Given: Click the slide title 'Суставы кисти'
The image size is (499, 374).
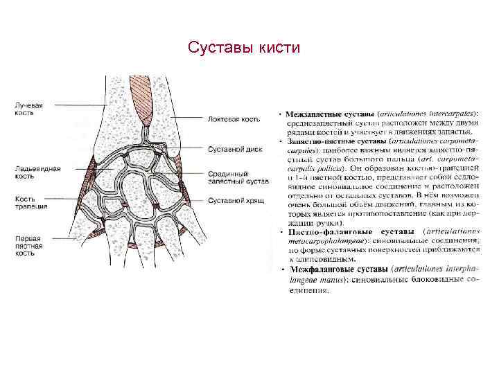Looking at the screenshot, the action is point(244,48).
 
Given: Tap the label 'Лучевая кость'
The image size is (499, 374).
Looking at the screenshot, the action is point(29,109).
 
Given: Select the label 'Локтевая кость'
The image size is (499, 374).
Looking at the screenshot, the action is point(234,119).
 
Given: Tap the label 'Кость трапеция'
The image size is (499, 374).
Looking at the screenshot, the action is point(31,202).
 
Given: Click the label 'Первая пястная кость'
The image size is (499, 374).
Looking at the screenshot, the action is point(29,245).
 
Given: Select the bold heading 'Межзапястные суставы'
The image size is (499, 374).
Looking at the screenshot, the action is point(331,114).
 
